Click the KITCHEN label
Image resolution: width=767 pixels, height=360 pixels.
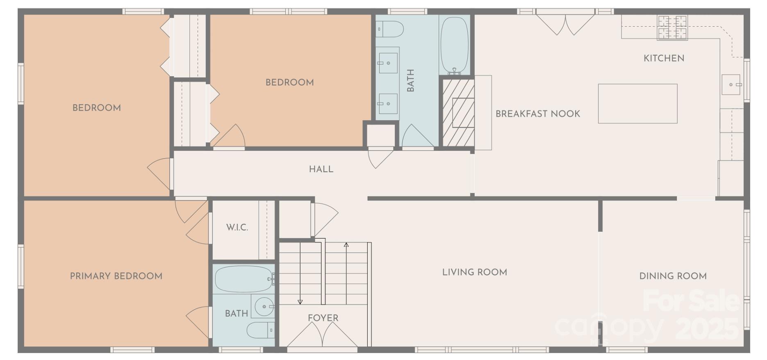[664, 58]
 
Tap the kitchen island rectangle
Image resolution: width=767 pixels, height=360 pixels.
[637, 104]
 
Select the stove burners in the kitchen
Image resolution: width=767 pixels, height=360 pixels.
[672, 27]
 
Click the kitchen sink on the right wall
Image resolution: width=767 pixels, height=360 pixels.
[731, 85]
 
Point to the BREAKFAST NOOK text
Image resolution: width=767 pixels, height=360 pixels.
[538, 114]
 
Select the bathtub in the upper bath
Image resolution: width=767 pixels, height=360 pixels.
[454, 45]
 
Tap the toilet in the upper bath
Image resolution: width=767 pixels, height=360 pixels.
[390, 29]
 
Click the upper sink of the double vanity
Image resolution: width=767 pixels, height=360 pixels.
[387, 63]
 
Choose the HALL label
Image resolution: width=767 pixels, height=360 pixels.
[321, 169]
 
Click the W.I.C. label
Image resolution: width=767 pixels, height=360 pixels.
[237, 227]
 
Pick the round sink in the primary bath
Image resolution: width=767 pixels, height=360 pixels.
[264, 306]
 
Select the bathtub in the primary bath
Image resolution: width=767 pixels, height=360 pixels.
[244, 279]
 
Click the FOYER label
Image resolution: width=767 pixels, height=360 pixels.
[323, 318]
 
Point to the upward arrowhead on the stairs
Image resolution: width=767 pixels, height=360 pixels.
[346, 245]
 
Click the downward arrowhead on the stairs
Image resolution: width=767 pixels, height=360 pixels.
[300, 302]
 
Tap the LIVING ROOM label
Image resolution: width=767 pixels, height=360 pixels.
[474, 272]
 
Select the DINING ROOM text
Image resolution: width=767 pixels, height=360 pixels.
[673, 276]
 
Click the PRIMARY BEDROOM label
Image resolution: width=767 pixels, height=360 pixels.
[116, 276]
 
